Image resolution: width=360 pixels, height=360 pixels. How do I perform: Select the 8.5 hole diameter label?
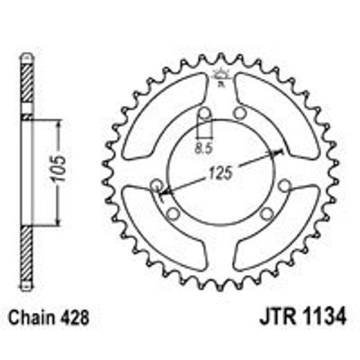(202, 146)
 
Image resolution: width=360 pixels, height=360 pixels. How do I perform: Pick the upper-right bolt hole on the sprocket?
(240, 114)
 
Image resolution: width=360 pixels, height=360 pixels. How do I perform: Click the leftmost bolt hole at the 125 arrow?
(156, 186)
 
